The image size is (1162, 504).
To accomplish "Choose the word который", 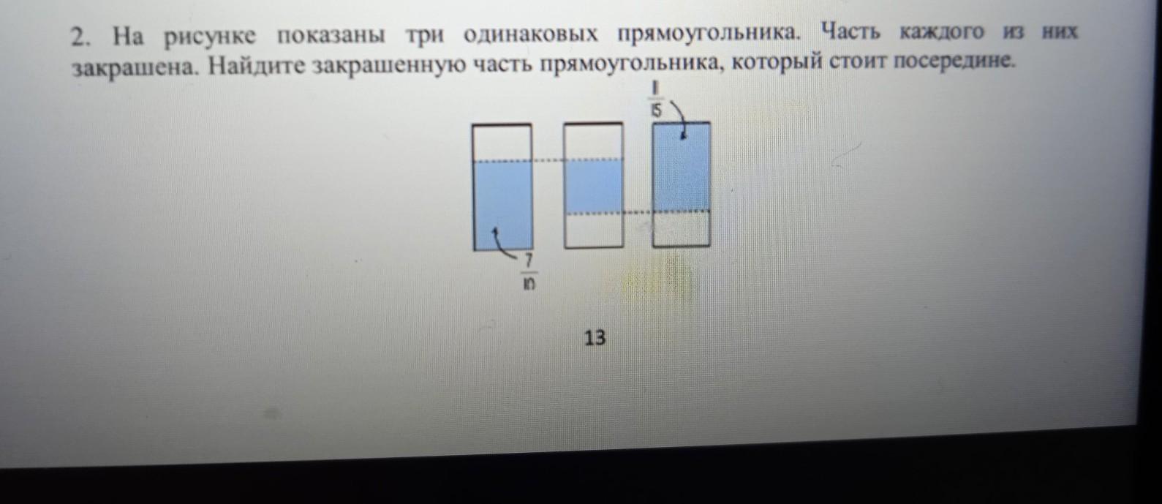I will pos(777,63).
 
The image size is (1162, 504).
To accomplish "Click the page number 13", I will pos(595,338).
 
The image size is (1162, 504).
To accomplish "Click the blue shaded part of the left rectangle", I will pos(503,205).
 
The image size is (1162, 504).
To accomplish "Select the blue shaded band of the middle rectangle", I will pos(593,186).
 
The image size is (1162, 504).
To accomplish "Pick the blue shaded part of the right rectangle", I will pos(682,168).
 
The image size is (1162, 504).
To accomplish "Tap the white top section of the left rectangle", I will pos(502,142).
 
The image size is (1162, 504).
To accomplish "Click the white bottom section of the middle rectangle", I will pos(593,230).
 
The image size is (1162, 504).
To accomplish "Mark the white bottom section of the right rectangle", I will pos(682,229).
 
